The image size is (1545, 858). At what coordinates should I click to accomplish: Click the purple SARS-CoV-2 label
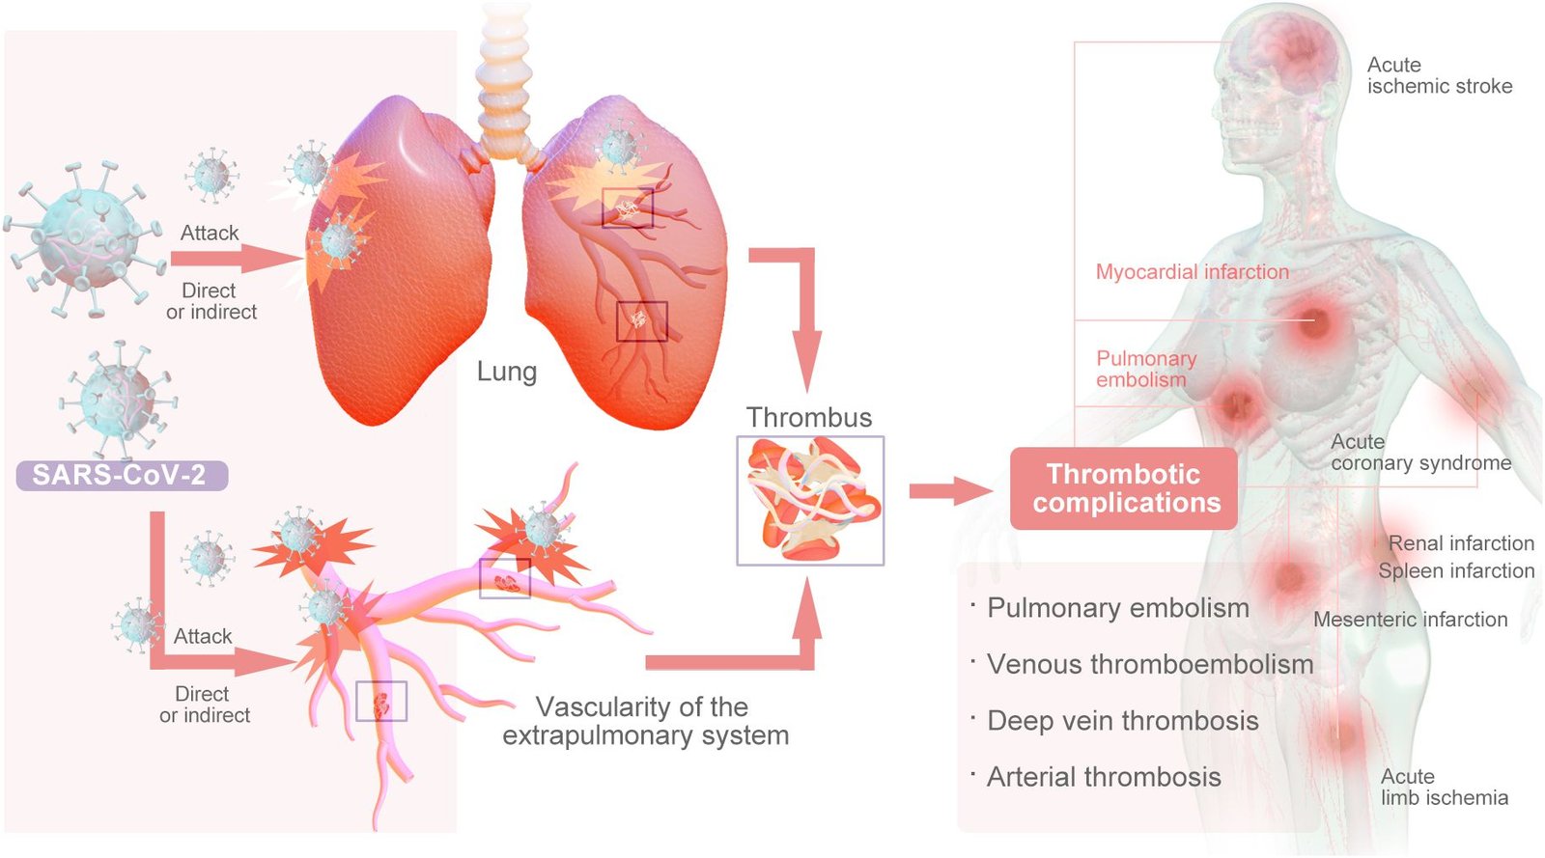tap(121, 476)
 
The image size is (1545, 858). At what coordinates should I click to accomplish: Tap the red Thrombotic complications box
tap(1124, 488)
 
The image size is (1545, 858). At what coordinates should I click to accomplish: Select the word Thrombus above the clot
tap(809, 417)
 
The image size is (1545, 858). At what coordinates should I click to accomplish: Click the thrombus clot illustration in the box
tap(810, 500)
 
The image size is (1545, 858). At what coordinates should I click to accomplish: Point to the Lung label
tap(506, 372)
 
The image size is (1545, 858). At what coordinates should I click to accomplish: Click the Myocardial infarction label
tap(1192, 272)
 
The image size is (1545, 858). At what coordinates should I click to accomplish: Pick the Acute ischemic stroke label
tap(1439, 75)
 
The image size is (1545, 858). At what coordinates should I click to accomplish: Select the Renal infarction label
tap(1460, 543)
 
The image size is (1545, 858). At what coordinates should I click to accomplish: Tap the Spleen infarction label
tap(1455, 570)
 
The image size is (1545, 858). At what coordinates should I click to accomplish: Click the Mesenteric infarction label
tap(1410, 620)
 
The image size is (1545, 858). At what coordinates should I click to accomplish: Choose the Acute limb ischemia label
tap(1444, 787)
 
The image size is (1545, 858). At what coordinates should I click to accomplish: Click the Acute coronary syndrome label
tap(1419, 453)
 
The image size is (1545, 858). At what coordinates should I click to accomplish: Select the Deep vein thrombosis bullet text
tap(1122, 721)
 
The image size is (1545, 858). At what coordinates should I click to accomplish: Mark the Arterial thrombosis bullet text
tap(1103, 777)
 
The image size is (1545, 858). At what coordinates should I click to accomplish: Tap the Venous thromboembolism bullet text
tap(1149, 664)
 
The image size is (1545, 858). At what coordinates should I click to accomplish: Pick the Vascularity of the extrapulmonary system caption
tap(645, 721)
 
